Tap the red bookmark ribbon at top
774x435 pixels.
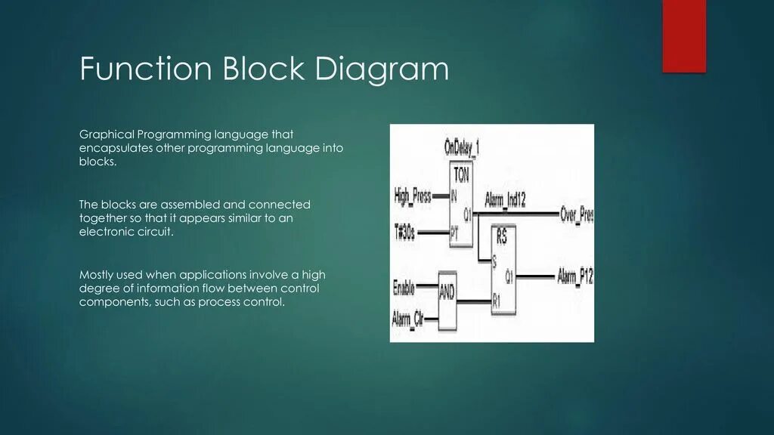[x=683, y=35]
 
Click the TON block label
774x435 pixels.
[x=461, y=174]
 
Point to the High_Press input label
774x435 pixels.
[x=413, y=196]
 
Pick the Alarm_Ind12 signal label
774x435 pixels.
[x=505, y=199]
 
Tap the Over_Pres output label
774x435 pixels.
[x=576, y=215]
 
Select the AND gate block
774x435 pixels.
[x=447, y=291]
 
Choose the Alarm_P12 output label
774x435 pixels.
[x=575, y=276]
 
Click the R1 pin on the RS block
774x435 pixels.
[x=497, y=301]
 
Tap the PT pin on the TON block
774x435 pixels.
[x=454, y=235]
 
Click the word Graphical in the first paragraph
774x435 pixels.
[x=107, y=134]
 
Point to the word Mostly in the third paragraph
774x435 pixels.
[x=98, y=274]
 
